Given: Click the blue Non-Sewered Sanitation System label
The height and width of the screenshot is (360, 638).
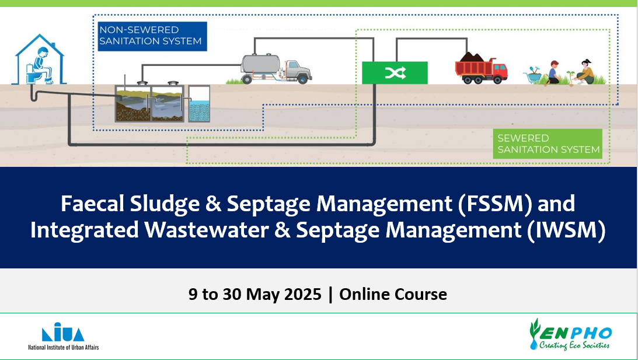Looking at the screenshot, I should pyautogui.click(x=151, y=36).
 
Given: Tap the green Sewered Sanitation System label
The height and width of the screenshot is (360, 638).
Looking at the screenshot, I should pyautogui.click(x=548, y=144).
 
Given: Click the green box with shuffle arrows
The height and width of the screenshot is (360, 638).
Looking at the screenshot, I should pyautogui.click(x=395, y=73).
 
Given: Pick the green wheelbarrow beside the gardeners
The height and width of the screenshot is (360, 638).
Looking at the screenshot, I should pyautogui.click(x=535, y=75).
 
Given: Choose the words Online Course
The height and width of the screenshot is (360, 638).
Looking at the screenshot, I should pyautogui.click(x=393, y=294).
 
